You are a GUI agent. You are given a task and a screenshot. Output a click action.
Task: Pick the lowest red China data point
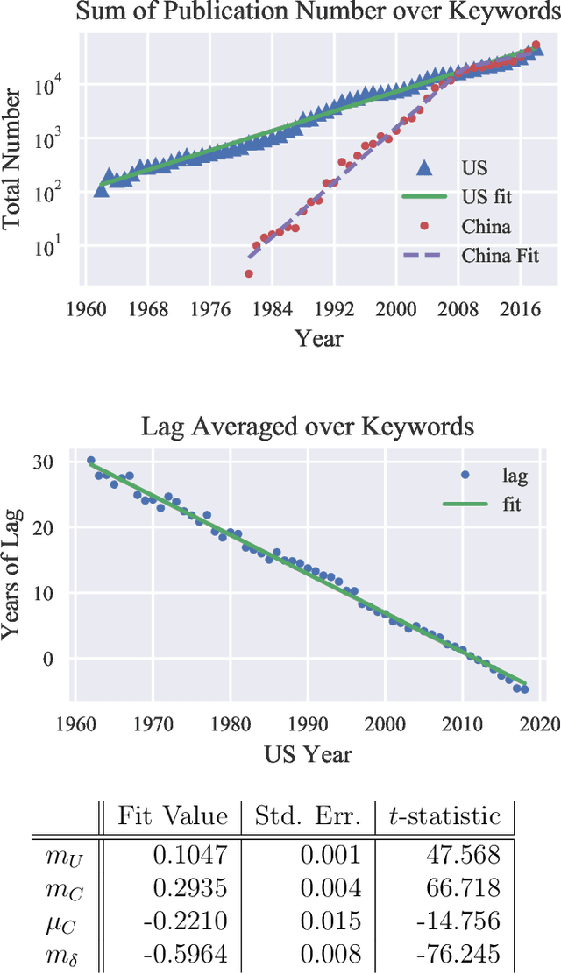pyautogui.click(x=249, y=274)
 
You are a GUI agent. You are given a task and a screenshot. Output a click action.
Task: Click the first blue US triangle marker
pyautogui.click(x=102, y=189)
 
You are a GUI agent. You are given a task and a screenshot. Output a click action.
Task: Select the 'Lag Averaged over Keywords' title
pyautogui.click(x=309, y=427)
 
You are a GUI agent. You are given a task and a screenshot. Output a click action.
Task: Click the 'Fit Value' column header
pyautogui.click(x=173, y=816)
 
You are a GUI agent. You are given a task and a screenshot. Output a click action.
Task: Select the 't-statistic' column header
pyautogui.click(x=444, y=816)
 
